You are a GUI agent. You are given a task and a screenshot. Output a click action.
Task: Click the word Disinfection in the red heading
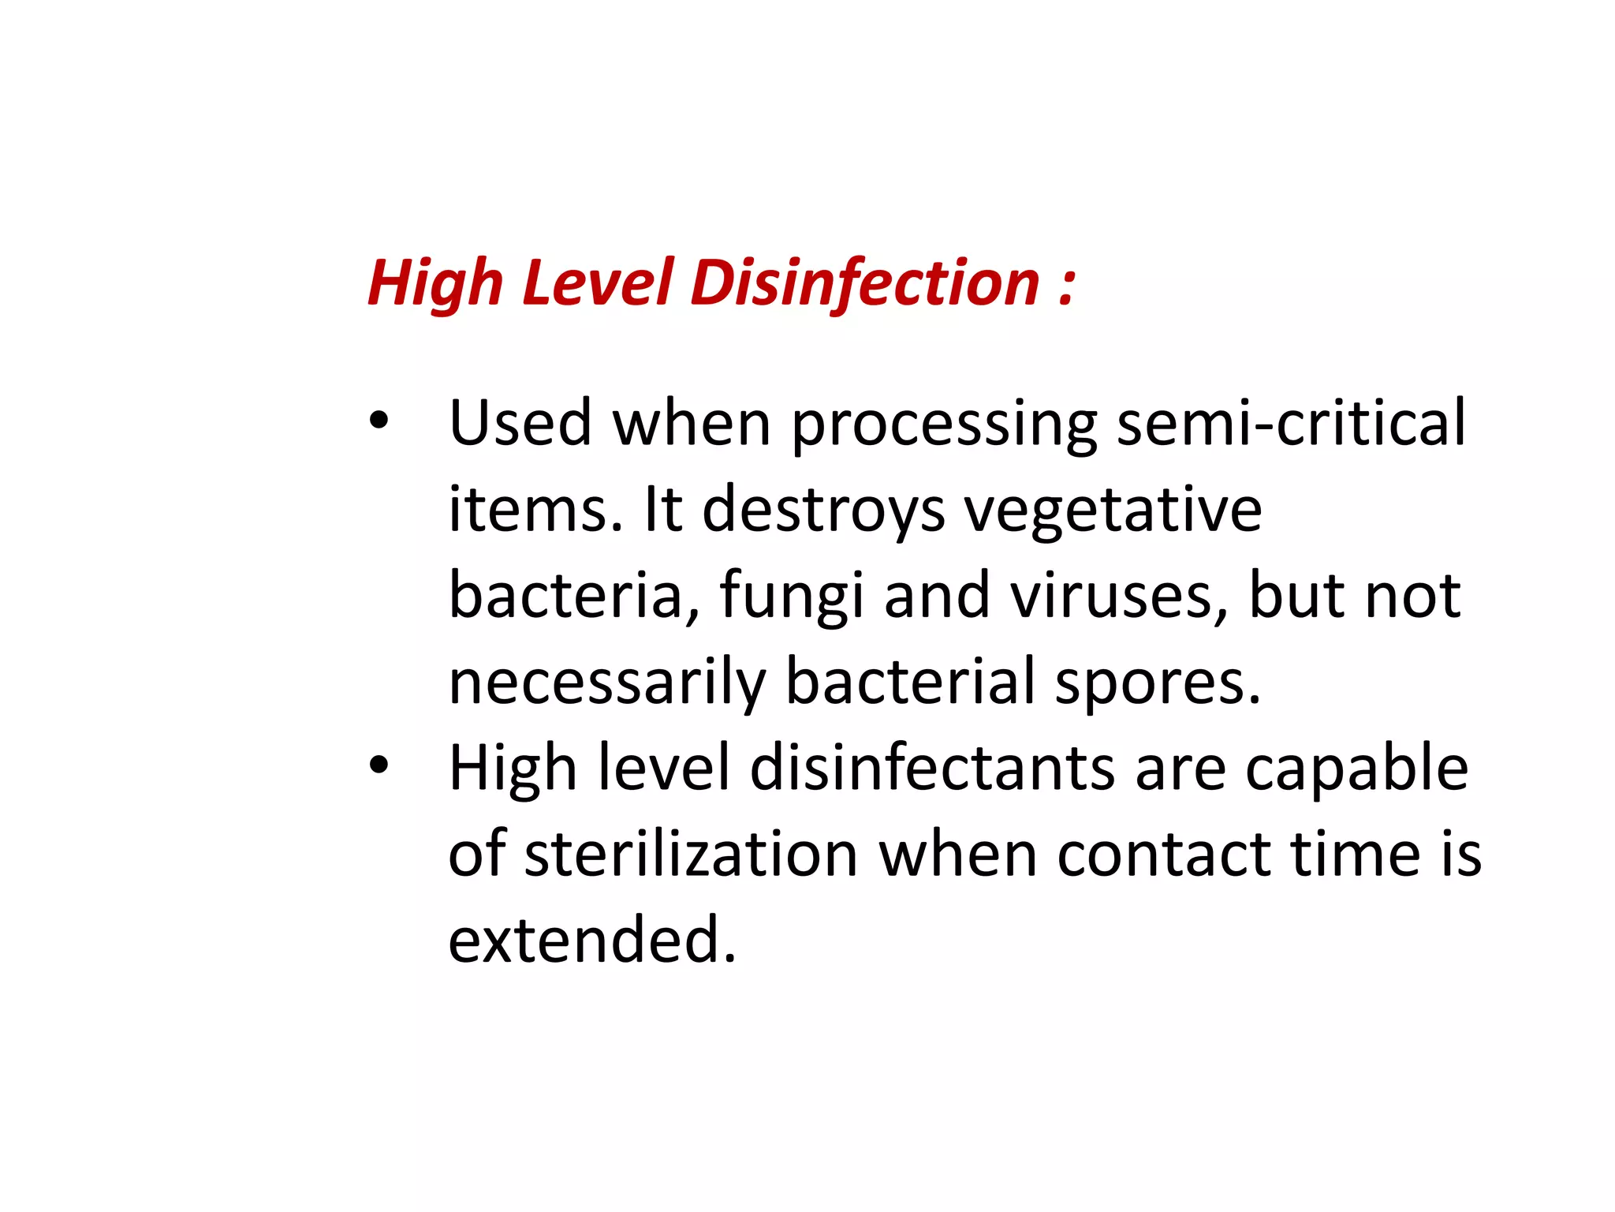pyautogui.click(x=865, y=284)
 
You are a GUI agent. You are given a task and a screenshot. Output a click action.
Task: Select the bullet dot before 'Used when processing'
pyautogui.click(x=379, y=421)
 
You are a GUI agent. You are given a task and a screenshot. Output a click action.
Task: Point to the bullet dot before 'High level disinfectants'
pyautogui.click(x=379, y=765)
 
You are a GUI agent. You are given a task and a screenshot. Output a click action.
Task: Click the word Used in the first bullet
pyautogui.click(x=520, y=423)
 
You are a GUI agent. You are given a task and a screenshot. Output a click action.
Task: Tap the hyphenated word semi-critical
pyautogui.click(x=1291, y=423)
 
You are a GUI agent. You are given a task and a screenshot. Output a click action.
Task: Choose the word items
pyautogui.click(x=536, y=510)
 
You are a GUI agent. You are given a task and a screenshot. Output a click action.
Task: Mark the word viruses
pyautogui.click(x=1119, y=597)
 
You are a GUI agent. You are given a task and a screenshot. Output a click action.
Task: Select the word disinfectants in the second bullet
pyautogui.click(x=932, y=768)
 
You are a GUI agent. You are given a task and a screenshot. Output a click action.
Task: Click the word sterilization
pyautogui.click(x=691, y=854)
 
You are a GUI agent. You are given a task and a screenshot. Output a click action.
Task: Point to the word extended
pyautogui.click(x=592, y=940)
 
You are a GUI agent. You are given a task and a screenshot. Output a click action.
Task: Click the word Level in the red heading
pyautogui.click(x=598, y=284)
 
